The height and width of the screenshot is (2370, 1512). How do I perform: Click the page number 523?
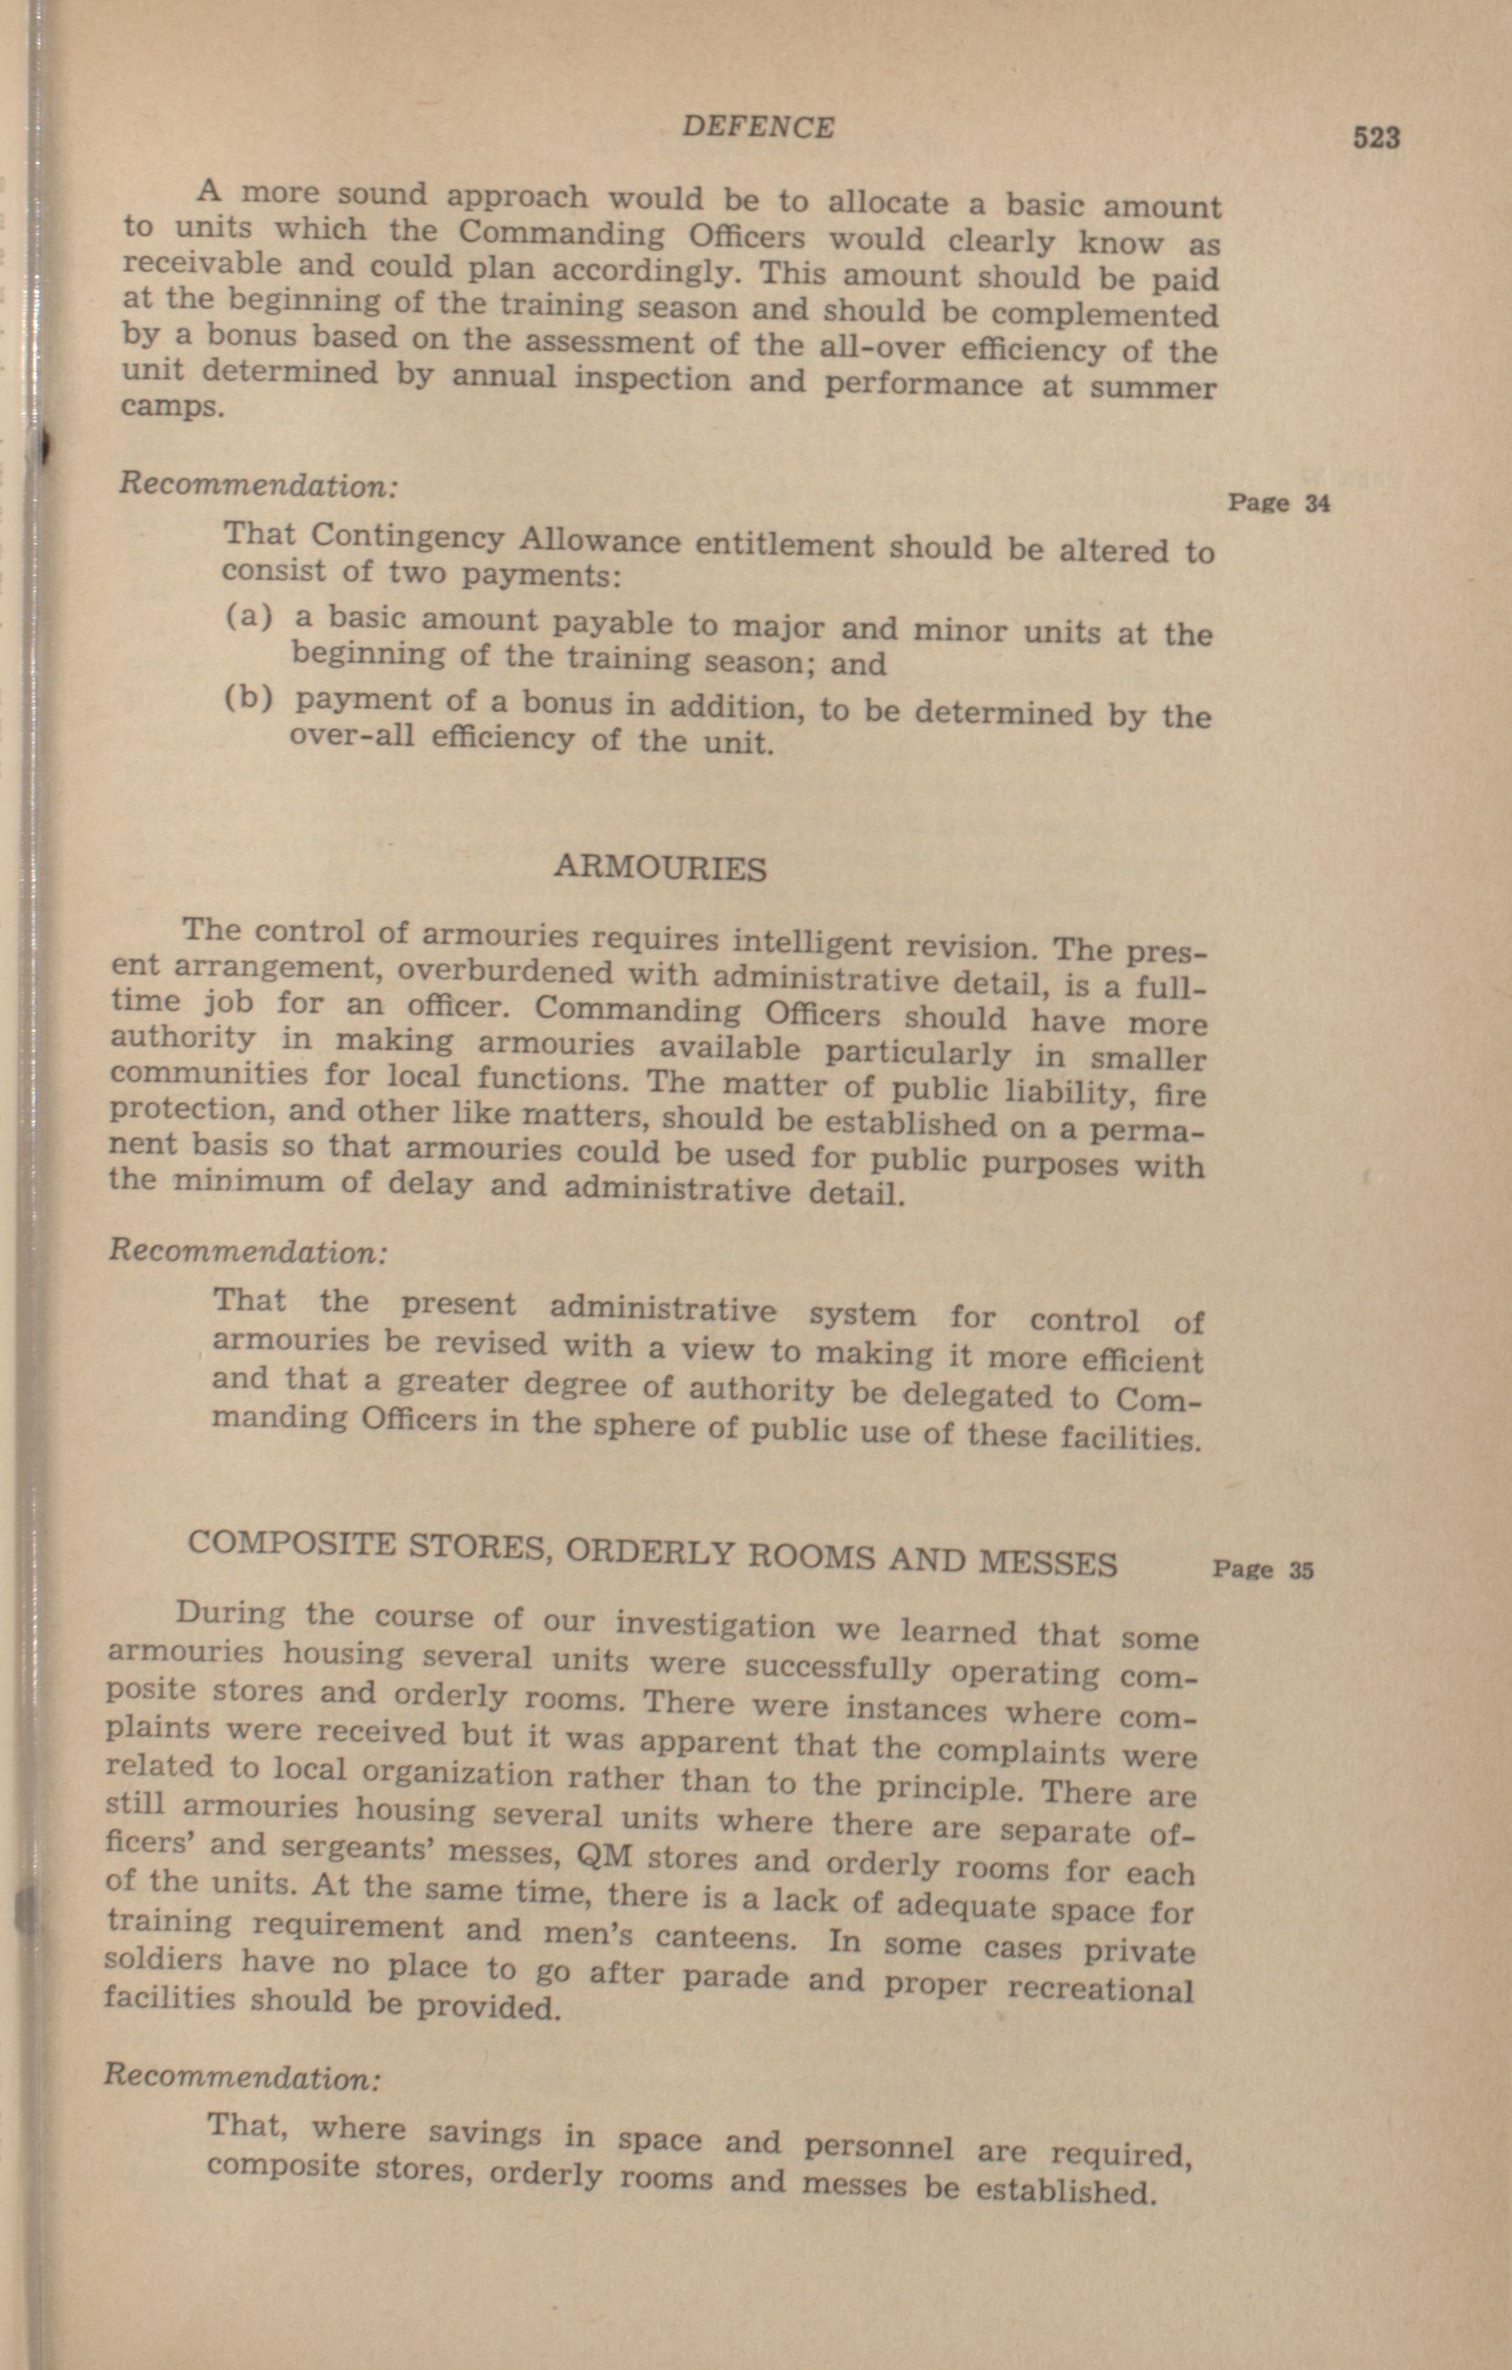point(1376,137)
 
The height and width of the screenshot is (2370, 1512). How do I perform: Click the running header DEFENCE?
point(758,128)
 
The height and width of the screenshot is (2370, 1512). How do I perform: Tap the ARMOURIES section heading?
point(660,868)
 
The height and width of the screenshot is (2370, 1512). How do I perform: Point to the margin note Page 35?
point(1263,1570)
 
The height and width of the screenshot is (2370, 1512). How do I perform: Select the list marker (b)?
point(248,698)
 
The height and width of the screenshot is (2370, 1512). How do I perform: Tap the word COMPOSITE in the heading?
point(287,1543)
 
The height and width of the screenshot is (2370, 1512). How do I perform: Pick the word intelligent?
point(813,942)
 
